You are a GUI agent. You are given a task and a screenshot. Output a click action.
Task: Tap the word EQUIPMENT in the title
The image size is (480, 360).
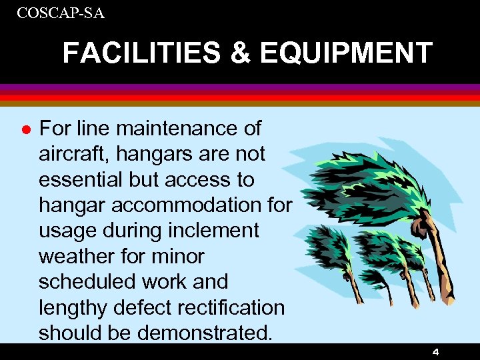[x=346, y=53]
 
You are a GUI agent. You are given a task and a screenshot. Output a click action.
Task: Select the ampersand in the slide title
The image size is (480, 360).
[x=241, y=53]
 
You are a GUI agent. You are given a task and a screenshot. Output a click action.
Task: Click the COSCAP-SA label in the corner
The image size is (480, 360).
[x=61, y=13]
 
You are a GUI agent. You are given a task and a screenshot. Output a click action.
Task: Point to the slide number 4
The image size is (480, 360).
[x=435, y=351]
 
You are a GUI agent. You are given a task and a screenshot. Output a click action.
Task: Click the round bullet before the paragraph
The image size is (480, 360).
[x=25, y=128]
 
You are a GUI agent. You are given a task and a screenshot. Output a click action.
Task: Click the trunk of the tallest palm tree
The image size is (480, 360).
[x=440, y=267]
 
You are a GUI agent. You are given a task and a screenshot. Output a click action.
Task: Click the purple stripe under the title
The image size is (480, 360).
[x=240, y=87]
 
